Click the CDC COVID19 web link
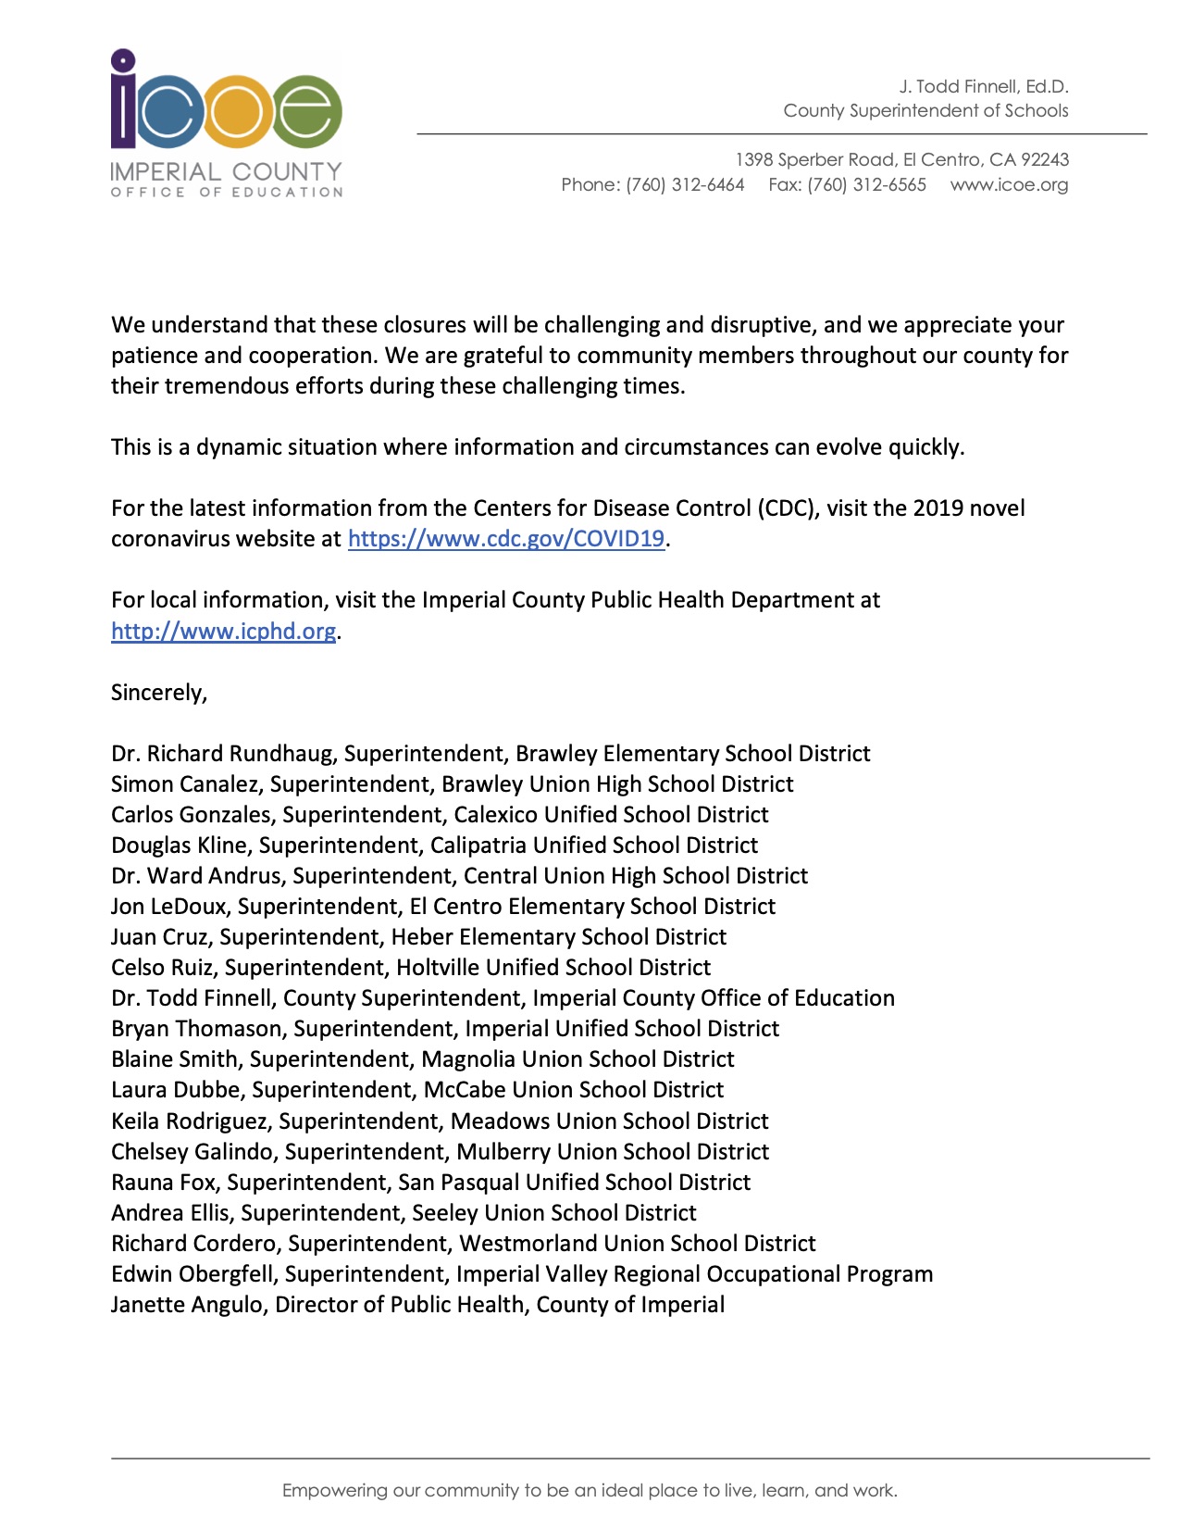click(505, 539)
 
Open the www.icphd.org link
click(223, 632)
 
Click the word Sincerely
click(158, 693)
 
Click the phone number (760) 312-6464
click(685, 185)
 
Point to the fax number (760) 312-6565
click(866, 185)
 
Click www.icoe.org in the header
click(1009, 185)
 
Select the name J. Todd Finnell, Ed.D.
click(983, 87)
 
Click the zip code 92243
click(1045, 160)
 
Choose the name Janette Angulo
click(186, 1305)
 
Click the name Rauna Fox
click(166, 1183)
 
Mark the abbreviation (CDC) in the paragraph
click(788, 508)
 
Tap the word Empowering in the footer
click(334, 1491)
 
